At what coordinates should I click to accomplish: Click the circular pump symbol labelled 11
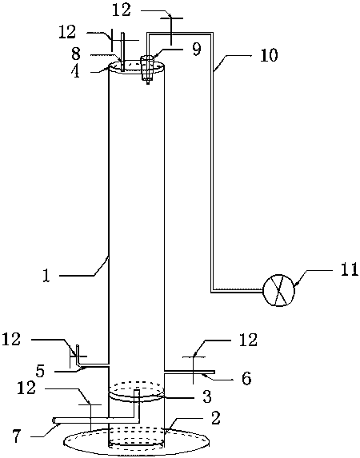coord(278,290)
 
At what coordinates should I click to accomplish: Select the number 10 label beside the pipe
coord(269,55)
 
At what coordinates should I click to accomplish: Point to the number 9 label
coord(197,50)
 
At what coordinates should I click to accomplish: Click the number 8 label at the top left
coord(76,54)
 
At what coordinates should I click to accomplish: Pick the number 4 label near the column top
coord(76,71)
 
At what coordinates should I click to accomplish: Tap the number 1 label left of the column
coord(46,276)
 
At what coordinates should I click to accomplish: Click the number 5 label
coord(40,371)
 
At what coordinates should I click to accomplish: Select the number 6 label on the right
coord(246,379)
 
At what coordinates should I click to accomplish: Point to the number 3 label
coord(207,396)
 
